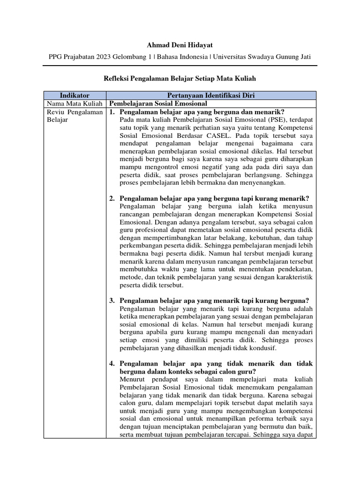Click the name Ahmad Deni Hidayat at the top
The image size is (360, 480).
point(180,45)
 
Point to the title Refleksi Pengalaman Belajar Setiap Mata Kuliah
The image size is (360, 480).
point(180,78)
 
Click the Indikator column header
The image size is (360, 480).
point(75,95)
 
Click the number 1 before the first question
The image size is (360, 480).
point(112,112)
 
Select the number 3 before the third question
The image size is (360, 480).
point(112,300)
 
